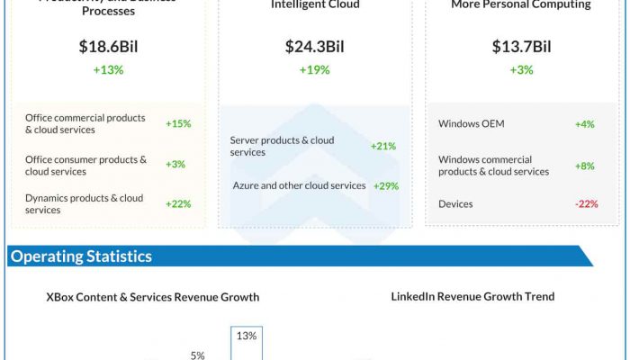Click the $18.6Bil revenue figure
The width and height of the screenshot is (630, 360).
tap(108, 47)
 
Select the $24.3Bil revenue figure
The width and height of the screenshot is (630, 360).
tap(315, 47)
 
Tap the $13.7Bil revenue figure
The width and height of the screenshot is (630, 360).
tap(521, 47)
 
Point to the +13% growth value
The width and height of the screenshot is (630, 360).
tap(108, 70)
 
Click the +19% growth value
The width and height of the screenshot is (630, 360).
tap(315, 70)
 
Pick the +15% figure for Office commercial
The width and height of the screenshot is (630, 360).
tap(178, 123)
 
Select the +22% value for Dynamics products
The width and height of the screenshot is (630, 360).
tap(178, 203)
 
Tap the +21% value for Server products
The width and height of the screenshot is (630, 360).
tap(383, 146)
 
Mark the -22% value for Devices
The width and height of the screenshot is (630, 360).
tap(586, 203)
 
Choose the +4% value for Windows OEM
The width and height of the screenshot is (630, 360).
tap(585, 123)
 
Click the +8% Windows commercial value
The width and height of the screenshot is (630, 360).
tap(585, 166)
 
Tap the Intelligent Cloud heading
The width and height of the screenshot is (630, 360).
tap(315, 4)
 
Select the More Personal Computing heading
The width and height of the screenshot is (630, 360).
tap(521, 4)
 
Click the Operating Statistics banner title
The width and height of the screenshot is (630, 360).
tap(81, 256)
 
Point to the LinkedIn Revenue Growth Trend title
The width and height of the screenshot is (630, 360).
tap(472, 296)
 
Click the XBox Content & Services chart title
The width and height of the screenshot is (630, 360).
tap(153, 297)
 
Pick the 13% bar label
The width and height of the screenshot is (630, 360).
tap(247, 336)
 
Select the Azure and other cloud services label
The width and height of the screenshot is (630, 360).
tap(299, 185)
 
